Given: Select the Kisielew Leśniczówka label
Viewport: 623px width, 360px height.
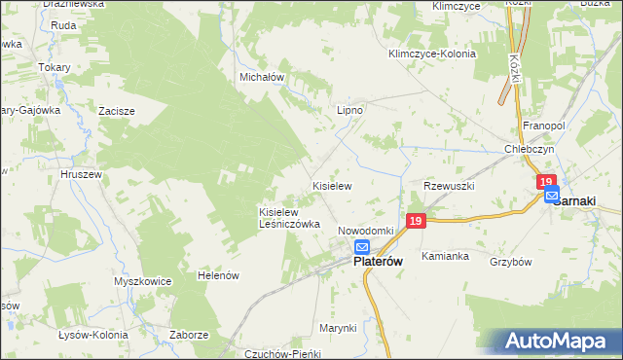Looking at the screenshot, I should (289, 217).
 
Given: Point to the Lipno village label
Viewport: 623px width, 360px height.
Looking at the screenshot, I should (349, 111).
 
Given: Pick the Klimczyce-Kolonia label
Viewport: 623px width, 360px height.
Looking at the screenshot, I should (431, 54).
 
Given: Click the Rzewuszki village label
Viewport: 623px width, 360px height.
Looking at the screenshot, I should (448, 185).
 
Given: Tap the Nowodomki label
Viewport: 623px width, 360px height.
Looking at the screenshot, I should (365, 231).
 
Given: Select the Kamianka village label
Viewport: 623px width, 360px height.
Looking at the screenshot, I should (446, 256).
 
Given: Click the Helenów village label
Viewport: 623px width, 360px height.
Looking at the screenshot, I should (218, 276).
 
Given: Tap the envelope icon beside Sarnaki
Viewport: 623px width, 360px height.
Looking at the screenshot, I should (552, 196).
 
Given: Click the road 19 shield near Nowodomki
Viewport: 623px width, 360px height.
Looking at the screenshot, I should (416, 222).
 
